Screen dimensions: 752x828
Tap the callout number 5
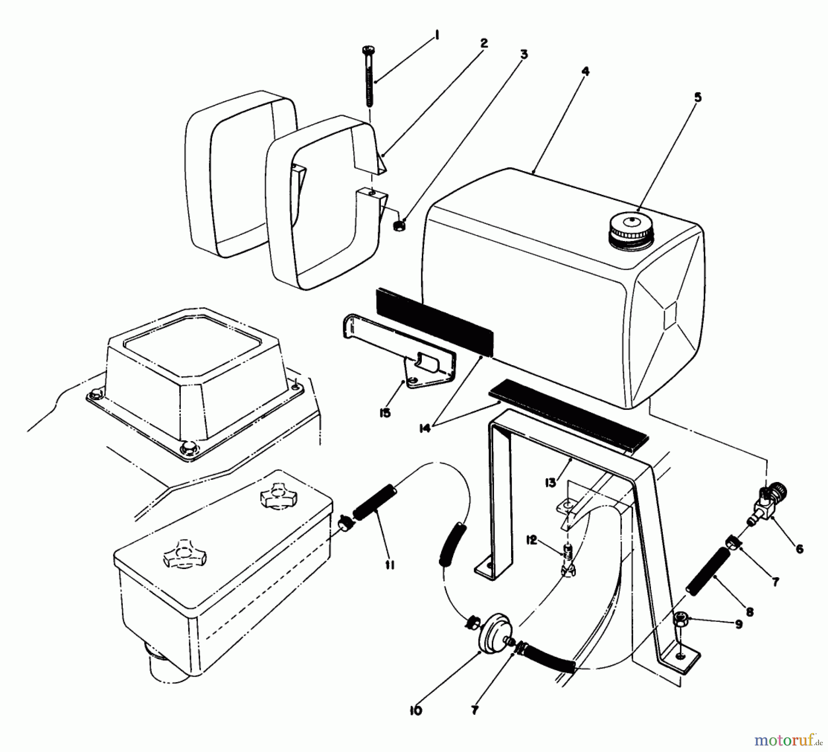pyautogui.click(x=698, y=98)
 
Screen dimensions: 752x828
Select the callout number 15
pyautogui.click(x=385, y=413)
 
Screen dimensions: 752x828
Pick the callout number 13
pyautogui.click(x=550, y=482)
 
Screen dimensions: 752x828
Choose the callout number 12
pyautogui.click(x=532, y=540)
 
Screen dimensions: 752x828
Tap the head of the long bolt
pyautogui.click(x=369, y=49)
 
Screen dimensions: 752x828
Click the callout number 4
pyautogui.click(x=585, y=71)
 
